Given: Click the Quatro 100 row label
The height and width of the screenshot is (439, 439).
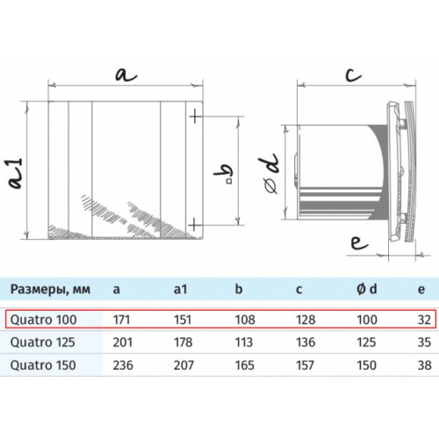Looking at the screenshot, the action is click(44, 320).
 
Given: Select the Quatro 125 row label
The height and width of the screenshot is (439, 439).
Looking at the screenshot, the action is click(43, 342).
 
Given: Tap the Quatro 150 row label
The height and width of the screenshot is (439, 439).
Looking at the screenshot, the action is click(43, 365).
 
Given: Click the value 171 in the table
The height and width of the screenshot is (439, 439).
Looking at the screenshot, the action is click(121, 320).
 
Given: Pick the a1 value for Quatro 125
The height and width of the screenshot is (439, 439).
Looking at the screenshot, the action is click(183, 342).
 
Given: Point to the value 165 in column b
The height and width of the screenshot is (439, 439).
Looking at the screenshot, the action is click(245, 365).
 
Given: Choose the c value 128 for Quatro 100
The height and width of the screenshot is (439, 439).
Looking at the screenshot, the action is click(306, 320).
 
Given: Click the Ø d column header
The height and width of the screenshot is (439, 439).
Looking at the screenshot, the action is click(367, 289).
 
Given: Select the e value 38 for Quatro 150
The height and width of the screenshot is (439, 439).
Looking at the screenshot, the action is click(424, 365).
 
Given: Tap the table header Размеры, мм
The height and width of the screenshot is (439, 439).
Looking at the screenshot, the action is click(50, 290).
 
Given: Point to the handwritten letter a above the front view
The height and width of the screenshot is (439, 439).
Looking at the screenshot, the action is click(126, 75).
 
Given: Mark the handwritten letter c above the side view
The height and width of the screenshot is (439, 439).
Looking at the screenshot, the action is click(353, 75).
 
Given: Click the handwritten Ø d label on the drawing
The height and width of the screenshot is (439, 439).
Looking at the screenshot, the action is click(271, 173).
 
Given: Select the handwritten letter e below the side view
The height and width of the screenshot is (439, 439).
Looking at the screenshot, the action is click(359, 243).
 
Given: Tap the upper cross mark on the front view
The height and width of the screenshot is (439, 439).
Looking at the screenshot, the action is click(196, 117).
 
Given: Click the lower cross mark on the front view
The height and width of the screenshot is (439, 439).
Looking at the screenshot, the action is click(196, 226).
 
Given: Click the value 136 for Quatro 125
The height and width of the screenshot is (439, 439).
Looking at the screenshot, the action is click(306, 342).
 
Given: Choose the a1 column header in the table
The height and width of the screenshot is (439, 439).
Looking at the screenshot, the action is click(180, 289).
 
